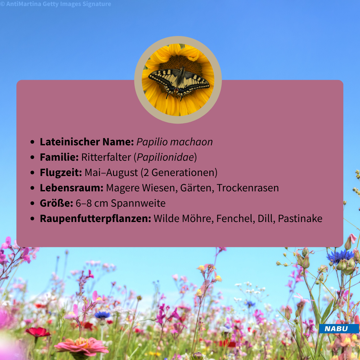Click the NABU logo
point(339,329)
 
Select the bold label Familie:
point(59,157)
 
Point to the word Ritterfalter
point(106,157)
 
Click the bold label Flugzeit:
point(61,173)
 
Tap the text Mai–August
point(111,173)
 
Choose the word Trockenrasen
point(248,188)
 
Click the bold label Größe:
point(56,203)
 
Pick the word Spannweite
point(138,203)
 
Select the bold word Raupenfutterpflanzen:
point(96,219)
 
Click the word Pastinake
point(300,219)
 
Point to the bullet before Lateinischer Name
point(32,142)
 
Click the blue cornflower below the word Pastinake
point(340,256)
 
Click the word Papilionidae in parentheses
point(165,157)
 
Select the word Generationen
point(183,173)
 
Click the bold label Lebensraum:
point(72,188)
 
